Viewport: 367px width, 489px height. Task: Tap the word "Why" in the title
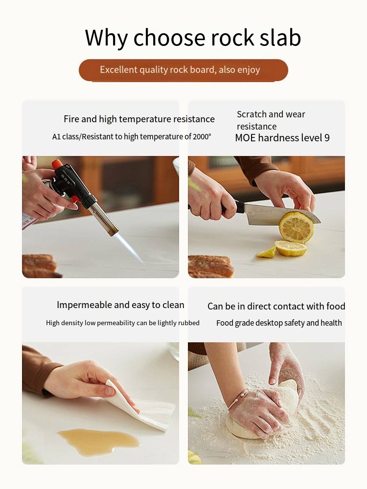[x=106, y=38]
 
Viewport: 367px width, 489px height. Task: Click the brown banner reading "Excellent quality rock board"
[x=183, y=70]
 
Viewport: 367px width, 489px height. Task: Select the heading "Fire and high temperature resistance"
[x=139, y=119]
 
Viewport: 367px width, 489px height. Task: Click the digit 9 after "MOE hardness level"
[x=327, y=137]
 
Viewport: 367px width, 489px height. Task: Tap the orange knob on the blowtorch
[x=57, y=164]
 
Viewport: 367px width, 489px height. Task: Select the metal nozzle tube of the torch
[x=103, y=218]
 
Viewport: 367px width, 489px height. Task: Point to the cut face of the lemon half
[x=296, y=227]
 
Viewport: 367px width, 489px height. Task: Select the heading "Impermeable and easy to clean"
[x=120, y=305]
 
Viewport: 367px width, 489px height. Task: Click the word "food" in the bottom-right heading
[x=336, y=306]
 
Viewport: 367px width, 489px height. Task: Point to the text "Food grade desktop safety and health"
[x=279, y=323]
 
